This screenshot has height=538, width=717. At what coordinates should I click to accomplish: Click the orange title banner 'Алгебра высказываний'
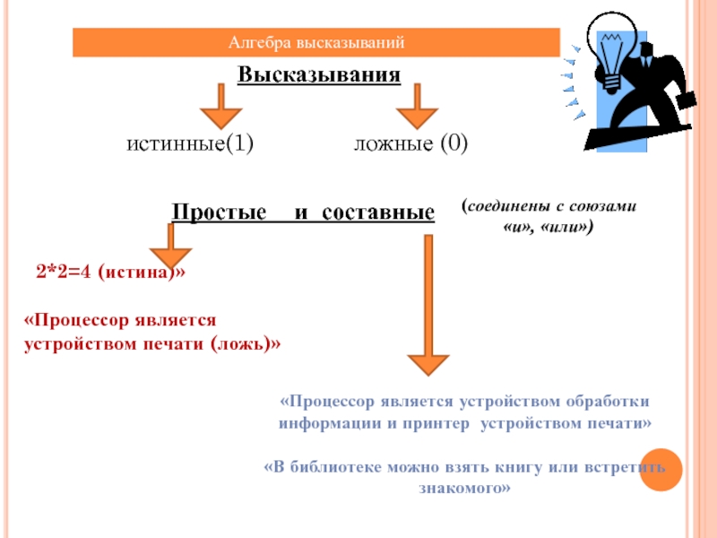click(316, 42)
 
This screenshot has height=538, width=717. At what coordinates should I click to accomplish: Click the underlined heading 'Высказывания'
click(318, 74)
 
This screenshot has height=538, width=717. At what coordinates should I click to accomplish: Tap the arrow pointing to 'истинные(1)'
click(219, 107)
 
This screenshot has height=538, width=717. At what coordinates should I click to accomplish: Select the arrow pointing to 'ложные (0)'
click(416, 107)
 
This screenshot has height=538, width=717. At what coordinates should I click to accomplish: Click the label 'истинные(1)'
click(189, 143)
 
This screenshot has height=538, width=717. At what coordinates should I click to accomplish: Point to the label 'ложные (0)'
click(410, 143)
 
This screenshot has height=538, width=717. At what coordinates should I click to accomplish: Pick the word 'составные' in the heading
click(377, 213)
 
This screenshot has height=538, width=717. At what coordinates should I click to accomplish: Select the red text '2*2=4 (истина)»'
click(111, 272)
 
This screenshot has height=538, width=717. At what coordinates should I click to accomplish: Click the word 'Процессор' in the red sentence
click(75, 320)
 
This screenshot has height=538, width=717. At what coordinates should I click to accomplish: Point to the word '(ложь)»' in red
click(245, 343)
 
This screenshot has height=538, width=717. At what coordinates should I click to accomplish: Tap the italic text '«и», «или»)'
click(548, 228)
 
